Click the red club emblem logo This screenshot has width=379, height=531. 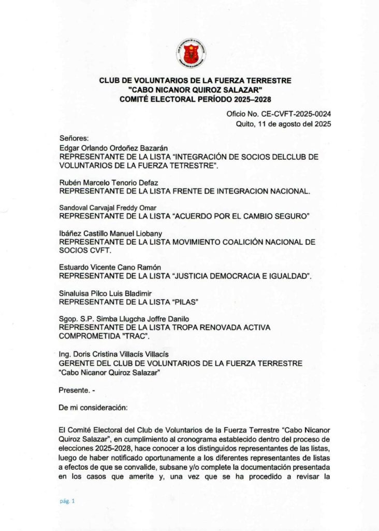point(191,53)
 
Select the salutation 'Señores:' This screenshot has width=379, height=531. point(75,138)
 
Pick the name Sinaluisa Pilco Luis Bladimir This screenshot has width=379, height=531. point(104,293)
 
